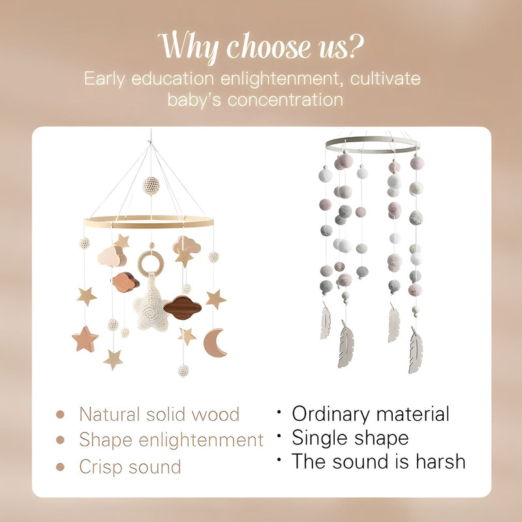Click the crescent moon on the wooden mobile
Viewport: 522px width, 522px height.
click(x=213, y=344)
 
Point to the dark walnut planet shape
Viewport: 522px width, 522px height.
click(x=183, y=307)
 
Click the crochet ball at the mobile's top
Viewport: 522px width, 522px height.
click(x=151, y=185)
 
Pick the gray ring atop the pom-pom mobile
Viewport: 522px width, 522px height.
click(x=372, y=144)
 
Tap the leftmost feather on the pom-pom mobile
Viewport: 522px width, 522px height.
click(x=326, y=322)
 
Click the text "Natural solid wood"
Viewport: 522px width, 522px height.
click(x=159, y=414)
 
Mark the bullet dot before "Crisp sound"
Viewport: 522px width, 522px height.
click(x=61, y=467)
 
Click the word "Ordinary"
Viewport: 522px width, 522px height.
click(x=337, y=414)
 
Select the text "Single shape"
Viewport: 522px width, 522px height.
click(x=350, y=437)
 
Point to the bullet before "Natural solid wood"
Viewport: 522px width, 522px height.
click(x=61, y=414)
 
